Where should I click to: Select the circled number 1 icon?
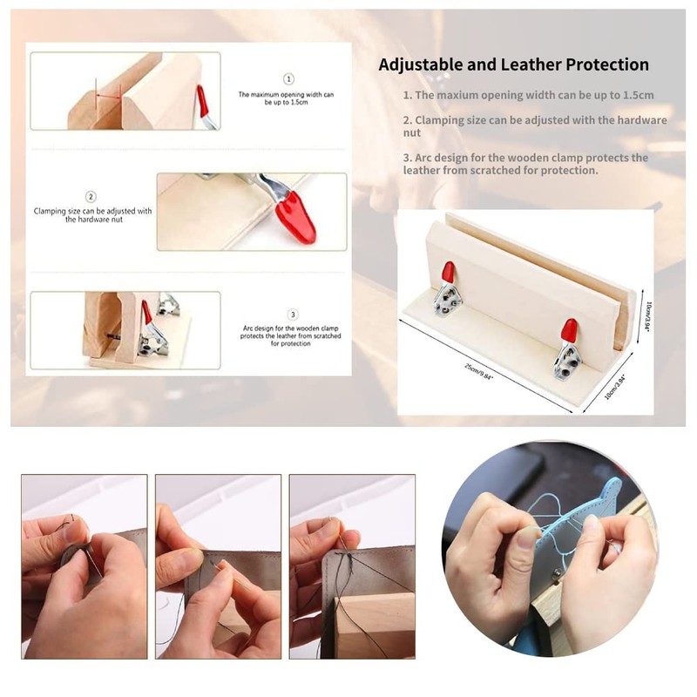[289, 79]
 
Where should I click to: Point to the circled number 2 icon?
[91, 197]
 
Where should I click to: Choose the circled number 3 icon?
[293, 315]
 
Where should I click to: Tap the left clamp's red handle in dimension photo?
[448, 273]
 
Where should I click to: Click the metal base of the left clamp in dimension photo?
[450, 299]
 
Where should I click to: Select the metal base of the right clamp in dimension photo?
[568, 360]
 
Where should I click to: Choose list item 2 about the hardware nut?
[534, 126]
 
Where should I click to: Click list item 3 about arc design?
[525, 164]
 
